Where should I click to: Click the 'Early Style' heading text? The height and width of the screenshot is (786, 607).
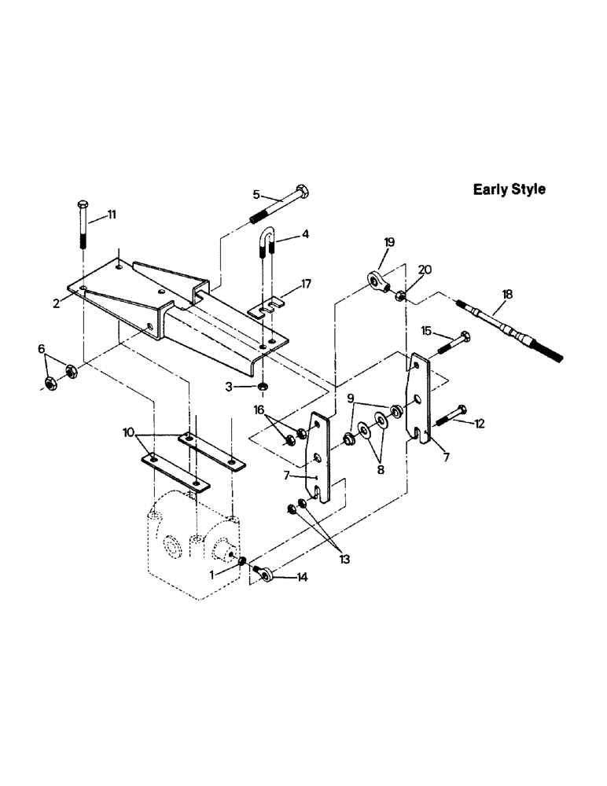tap(509, 189)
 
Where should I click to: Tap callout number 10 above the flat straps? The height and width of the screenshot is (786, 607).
tap(129, 432)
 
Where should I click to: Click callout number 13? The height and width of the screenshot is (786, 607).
tap(343, 560)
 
